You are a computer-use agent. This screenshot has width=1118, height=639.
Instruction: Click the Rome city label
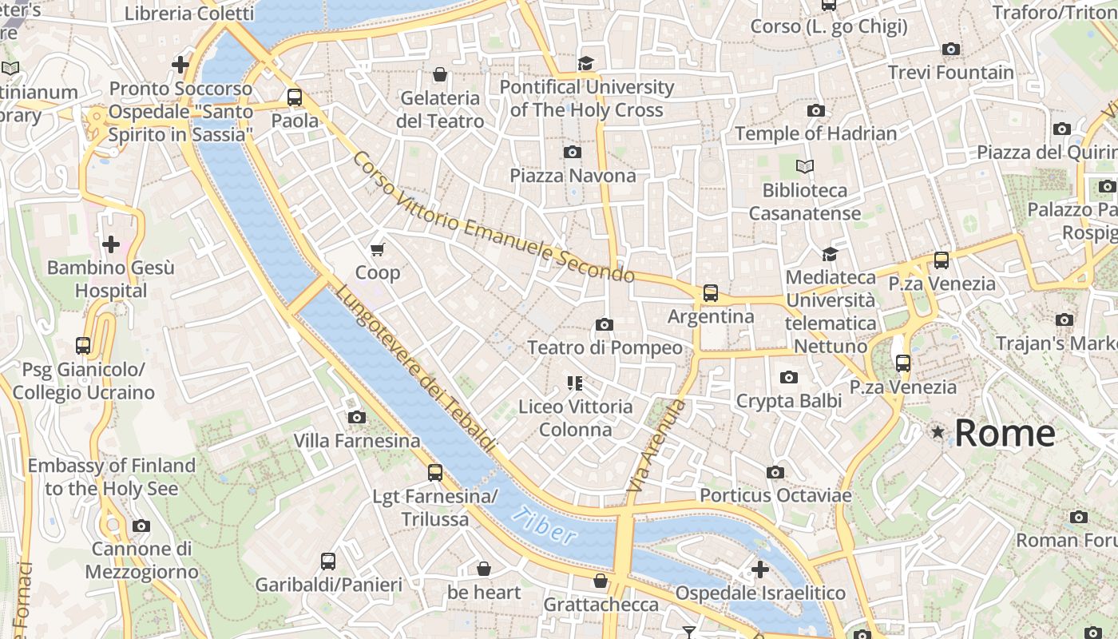(x=1005, y=434)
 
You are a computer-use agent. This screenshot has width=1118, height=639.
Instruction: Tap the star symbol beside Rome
(x=938, y=432)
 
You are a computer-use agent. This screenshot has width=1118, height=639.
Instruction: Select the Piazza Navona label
(x=573, y=176)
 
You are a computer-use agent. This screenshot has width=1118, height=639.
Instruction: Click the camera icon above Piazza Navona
(x=572, y=152)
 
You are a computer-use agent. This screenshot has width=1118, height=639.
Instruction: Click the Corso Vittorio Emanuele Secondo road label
(x=494, y=217)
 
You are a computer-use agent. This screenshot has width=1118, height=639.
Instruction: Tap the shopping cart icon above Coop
(x=378, y=249)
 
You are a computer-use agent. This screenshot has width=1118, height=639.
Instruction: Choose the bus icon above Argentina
(x=710, y=293)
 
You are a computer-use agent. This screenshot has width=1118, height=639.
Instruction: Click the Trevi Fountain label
(x=950, y=73)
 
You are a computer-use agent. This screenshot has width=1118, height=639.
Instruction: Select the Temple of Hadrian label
(x=815, y=133)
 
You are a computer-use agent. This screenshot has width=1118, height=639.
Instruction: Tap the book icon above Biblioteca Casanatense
(x=804, y=166)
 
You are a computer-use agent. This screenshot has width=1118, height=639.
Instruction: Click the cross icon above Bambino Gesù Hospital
(x=110, y=244)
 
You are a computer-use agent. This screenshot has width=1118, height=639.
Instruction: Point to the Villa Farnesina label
(x=356, y=441)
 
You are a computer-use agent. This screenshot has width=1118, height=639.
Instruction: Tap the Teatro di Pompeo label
(x=605, y=347)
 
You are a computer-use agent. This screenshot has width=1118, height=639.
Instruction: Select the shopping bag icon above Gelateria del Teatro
(x=439, y=75)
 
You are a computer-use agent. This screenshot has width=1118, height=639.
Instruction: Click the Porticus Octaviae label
(x=775, y=495)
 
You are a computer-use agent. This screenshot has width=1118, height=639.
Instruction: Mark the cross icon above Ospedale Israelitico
(x=759, y=570)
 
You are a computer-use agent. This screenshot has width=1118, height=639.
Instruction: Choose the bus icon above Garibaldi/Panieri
(x=328, y=561)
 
